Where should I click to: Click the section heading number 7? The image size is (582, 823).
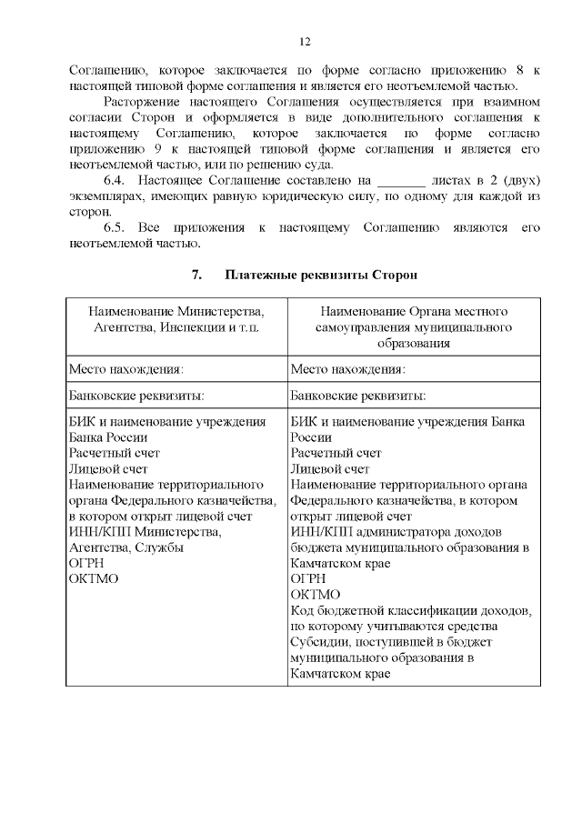click(194, 274)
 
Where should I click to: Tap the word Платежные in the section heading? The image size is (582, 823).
click(264, 274)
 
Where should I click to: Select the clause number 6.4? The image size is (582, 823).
click(115, 180)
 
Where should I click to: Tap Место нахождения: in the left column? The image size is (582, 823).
click(127, 369)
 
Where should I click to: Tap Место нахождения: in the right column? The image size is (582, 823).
click(348, 369)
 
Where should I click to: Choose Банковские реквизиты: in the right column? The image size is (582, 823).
click(357, 396)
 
